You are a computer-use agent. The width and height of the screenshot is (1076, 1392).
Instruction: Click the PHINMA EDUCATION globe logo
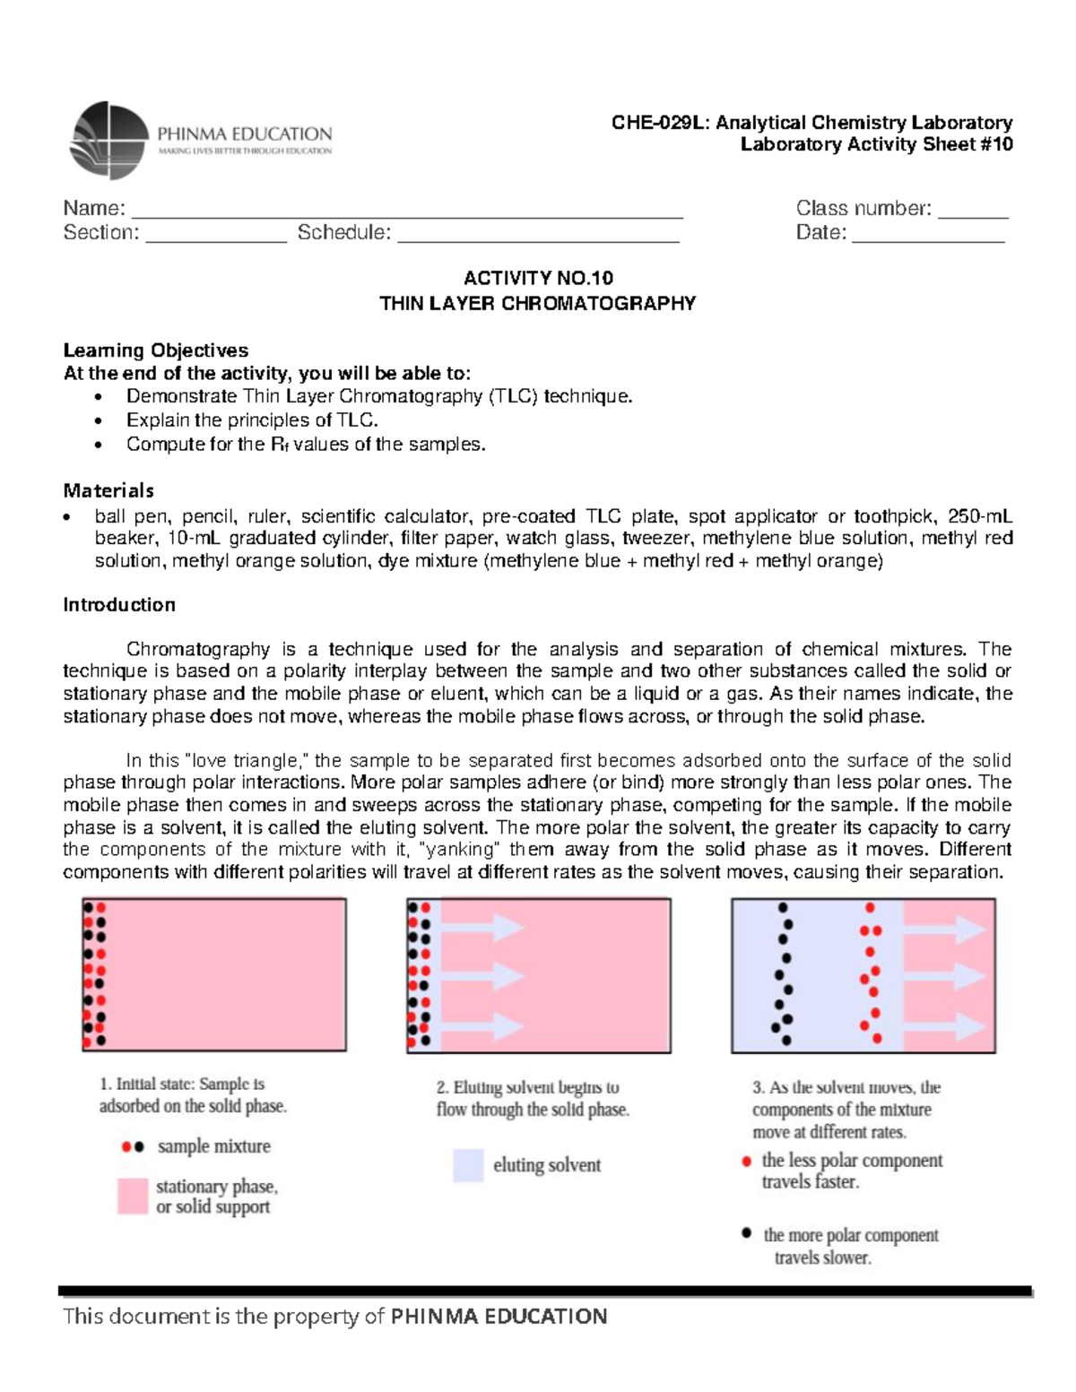[108, 141]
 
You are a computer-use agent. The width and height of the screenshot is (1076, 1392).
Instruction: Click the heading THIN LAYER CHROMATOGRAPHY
[537, 303]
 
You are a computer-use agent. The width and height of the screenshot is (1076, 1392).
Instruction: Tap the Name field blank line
[407, 214]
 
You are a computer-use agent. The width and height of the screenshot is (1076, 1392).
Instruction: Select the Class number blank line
[973, 214]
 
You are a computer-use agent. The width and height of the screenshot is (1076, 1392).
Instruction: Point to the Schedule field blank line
[538, 238]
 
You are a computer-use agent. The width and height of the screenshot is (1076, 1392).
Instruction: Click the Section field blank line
[215, 238]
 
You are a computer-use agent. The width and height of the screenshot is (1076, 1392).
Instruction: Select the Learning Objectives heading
[155, 350]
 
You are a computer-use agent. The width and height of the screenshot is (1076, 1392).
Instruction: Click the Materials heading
[108, 490]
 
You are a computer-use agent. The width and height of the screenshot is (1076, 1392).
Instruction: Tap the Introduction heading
[119, 605]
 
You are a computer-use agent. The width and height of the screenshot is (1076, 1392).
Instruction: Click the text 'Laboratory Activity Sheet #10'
[876, 144]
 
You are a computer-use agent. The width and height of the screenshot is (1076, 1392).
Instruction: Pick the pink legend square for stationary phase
[132, 1196]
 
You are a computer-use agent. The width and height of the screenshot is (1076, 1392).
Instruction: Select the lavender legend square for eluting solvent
[468, 1165]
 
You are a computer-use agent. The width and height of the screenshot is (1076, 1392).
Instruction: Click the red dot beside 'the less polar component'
[746, 1162]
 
